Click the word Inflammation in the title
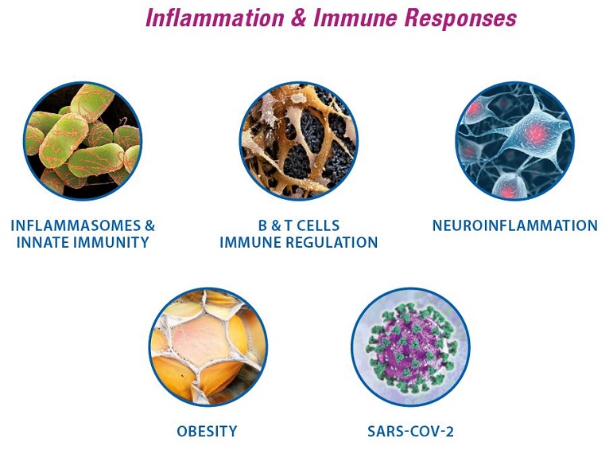tap(215, 18)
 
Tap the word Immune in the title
tap(355, 18)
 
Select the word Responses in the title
tap(460, 19)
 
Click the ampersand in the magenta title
tap(299, 18)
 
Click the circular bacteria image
tap(83, 141)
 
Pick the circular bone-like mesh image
tap(298, 141)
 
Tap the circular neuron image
tap(515, 141)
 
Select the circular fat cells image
tap(208, 347)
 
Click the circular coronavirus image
tap(410, 347)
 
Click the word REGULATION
tap(332, 242)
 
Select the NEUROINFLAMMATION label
tap(515, 225)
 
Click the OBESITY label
tap(207, 431)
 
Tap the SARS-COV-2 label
tap(410, 431)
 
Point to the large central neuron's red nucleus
tap(535, 133)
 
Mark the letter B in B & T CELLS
tap(262, 225)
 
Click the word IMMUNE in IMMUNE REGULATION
tap(250, 242)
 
